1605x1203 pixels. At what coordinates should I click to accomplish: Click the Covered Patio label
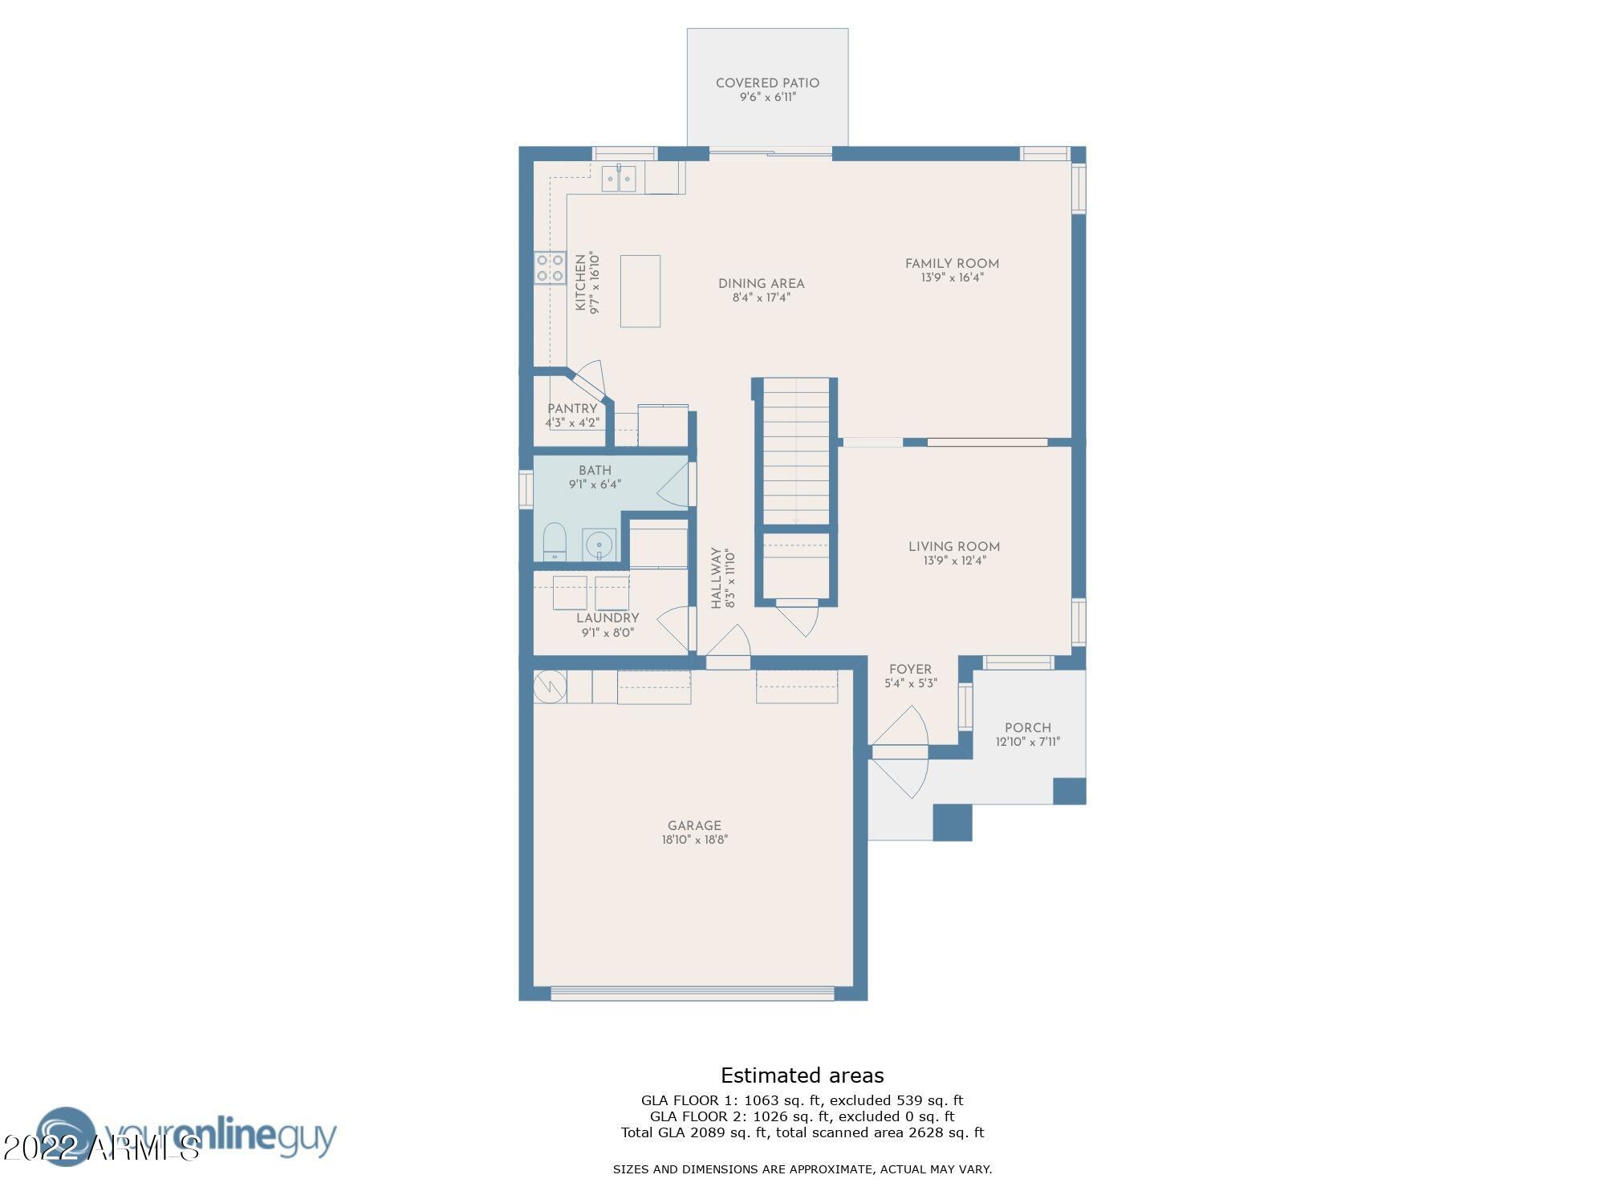tap(767, 83)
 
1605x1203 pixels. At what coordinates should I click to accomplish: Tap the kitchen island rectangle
tap(640, 291)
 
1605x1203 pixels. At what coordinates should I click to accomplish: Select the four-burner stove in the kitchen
tap(550, 268)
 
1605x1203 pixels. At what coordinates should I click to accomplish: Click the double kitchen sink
tap(619, 178)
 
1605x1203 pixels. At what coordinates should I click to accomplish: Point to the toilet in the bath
tap(555, 541)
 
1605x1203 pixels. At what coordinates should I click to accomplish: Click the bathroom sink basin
tap(599, 546)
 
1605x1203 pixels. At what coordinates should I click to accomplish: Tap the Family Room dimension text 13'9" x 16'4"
tap(952, 278)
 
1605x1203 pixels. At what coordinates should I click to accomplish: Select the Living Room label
tap(953, 547)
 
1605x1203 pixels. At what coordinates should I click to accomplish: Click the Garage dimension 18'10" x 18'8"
tap(694, 840)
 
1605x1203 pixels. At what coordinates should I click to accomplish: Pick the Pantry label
tap(572, 409)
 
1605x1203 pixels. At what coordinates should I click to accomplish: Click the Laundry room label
tap(607, 618)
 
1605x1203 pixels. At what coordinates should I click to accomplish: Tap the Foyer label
tap(910, 670)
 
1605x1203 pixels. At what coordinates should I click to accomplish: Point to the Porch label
tap(1027, 728)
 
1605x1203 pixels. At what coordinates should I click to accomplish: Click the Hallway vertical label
tap(717, 578)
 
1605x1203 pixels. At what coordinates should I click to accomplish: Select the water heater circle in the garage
tap(550, 687)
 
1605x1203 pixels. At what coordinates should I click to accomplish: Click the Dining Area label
tap(761, 284)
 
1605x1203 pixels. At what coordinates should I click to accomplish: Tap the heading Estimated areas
tap(802, 1075)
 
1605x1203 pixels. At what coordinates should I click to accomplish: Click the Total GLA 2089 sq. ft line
tap(802, 1132)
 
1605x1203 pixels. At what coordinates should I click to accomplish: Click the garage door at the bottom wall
tap(693, 993)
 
